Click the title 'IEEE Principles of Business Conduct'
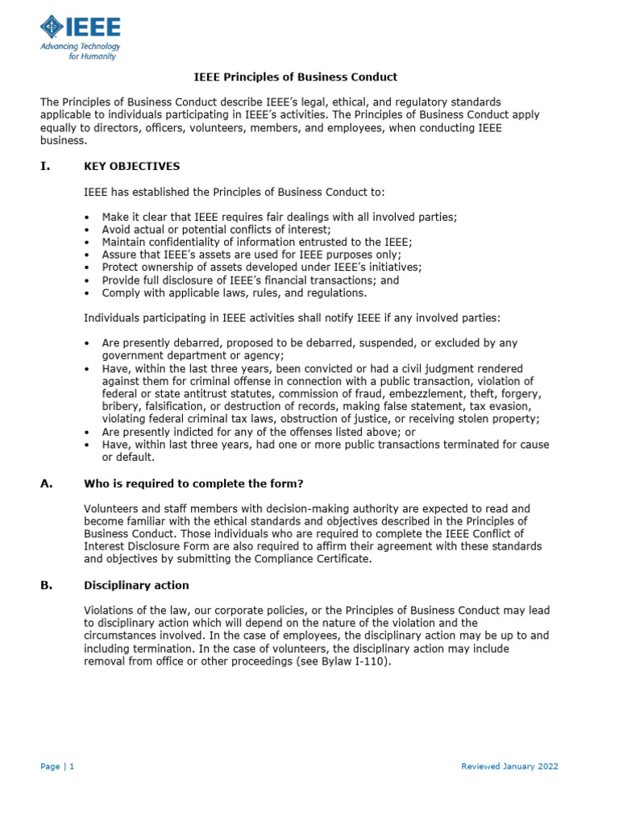(296, 77)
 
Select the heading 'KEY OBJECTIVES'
(132, 166)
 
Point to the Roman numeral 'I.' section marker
(45, 166)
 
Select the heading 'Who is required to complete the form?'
(193, 483)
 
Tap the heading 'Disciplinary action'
(136, 585)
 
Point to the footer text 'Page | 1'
(57, 766)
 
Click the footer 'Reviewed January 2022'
(509, 766)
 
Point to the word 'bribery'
(122, 407)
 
